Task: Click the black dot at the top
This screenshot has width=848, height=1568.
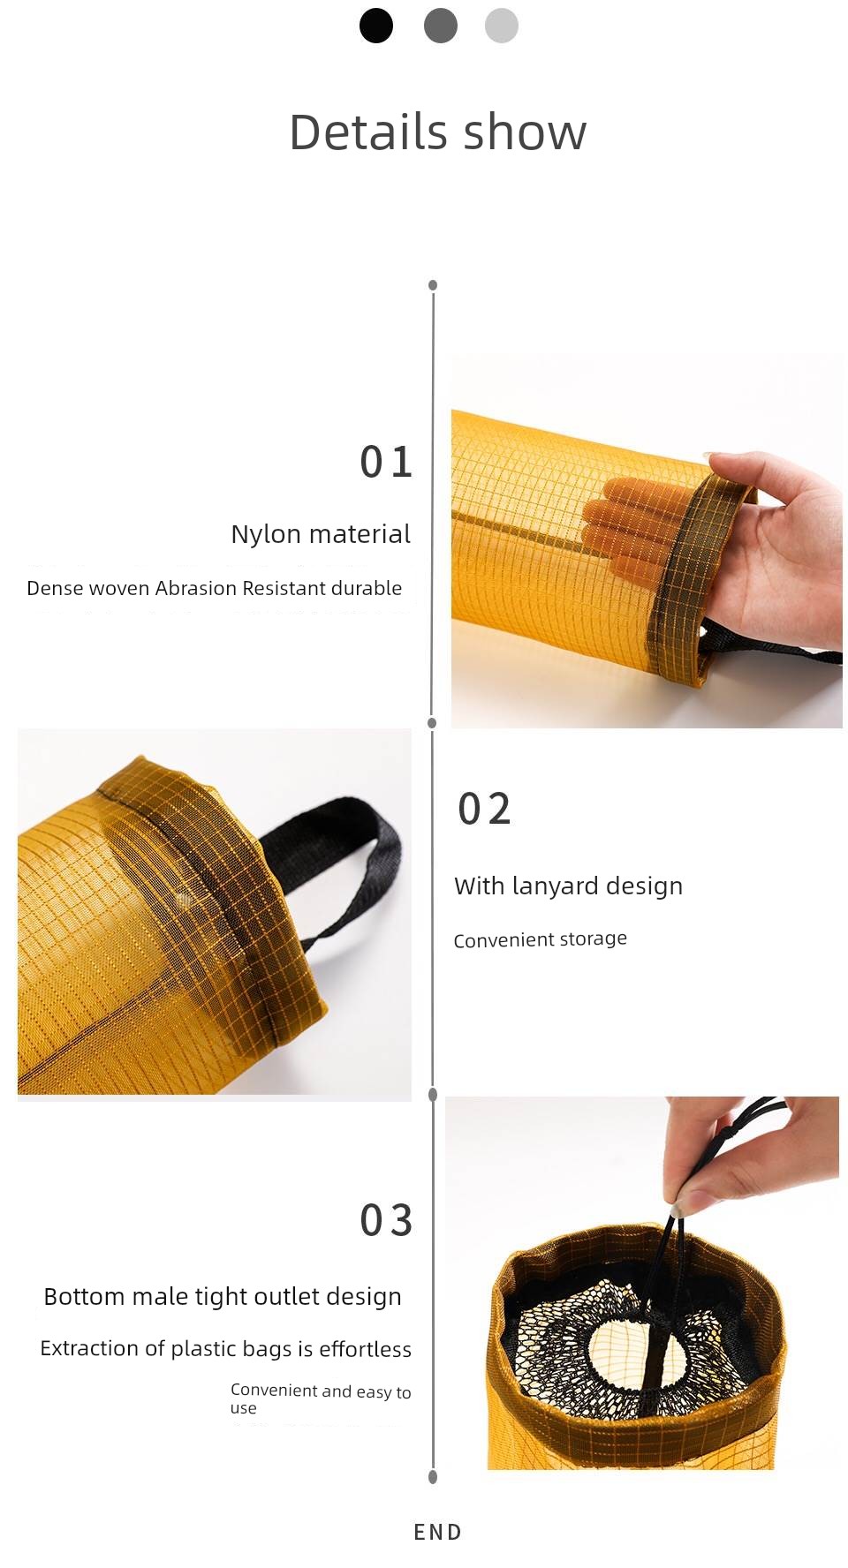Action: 375,26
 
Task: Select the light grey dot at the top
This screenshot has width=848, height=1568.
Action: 501,26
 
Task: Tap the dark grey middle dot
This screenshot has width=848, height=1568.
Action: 440,26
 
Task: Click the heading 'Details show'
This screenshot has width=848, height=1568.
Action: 437,132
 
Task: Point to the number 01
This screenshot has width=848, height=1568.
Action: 386,462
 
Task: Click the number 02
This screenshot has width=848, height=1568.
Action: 484,809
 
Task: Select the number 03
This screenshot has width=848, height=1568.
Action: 386,1220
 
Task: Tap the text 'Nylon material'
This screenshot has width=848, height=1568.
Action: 321,534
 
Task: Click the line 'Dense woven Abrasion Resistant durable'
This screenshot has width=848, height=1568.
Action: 214,588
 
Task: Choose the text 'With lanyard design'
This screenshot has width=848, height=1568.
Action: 568,886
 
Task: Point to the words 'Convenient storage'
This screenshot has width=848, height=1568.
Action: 540,939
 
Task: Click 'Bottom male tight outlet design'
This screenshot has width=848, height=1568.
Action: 223,1296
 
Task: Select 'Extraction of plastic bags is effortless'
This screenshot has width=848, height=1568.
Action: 225,1348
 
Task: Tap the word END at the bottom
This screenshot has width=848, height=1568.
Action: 437,1533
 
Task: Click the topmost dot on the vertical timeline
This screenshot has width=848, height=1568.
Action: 433,285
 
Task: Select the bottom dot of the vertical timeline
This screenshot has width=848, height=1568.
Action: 433,1477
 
